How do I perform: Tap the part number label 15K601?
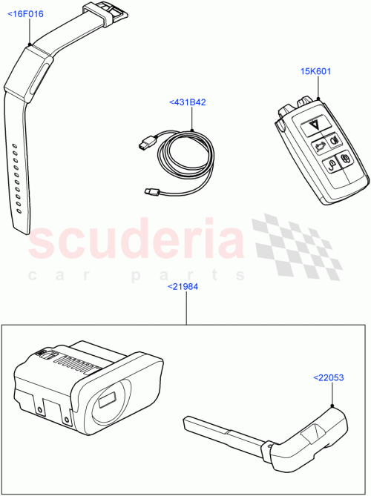coord(315,71)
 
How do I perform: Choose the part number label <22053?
coord(329,378)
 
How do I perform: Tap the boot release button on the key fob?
coord(320,147)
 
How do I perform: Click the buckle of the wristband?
coord(104,12)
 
